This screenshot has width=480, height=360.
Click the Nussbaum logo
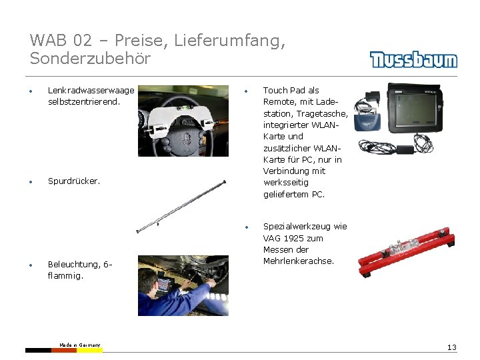pos(413,59)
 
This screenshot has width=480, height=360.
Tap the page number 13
pos(452,347)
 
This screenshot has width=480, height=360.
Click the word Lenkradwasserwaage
pos(91,90)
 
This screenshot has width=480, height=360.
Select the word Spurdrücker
pos(74,181)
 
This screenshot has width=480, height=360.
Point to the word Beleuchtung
pos(74,264)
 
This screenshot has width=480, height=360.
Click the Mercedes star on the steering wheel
pos(185,139)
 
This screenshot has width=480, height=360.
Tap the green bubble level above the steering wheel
pos(185,107)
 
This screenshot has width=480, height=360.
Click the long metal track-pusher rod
pos(181,206)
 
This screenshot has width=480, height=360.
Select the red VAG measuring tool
pos(406,251)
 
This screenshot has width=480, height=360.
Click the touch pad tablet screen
pos(415,109)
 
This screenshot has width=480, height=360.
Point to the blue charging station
pos(367,121)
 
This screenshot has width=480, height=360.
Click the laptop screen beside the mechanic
pos(165,284)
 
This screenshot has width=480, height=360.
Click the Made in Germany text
pos(79,345)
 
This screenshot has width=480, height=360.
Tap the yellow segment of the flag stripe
pos(89,350)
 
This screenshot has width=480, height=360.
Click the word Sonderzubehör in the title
pos(90,58)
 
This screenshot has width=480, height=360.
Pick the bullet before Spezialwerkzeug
pos(247,227)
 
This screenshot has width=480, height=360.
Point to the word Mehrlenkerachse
pos(299,261)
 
